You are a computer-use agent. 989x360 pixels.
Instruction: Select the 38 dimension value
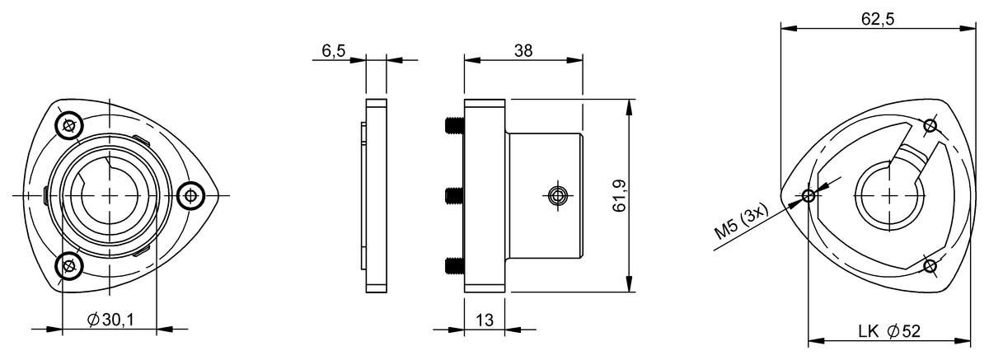(x=523, y=50)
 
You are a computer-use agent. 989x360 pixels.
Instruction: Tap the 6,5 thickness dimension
(x=335, y=50)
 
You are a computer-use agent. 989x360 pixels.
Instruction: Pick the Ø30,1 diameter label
(x=110, y=320)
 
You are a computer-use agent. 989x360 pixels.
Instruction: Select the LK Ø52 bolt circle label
(x=888, y=330)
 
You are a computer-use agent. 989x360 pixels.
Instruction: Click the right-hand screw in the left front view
(x=191, y=195)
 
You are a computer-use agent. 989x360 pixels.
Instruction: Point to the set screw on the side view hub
(x=557, y=195)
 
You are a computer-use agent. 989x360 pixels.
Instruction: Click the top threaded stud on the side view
(x=453, y=126)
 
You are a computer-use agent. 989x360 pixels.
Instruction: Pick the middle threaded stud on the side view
(x=453, y=195)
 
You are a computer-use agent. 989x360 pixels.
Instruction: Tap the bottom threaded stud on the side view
(x=453, y=265)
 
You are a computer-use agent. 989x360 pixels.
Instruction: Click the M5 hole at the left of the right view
(x=809, y=195)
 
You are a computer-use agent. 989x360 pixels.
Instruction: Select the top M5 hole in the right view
(x=930, y=125)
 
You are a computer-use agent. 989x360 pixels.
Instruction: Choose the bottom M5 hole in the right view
(x=930, y=265)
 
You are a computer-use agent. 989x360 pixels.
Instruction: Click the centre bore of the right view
(x=888, y=195)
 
